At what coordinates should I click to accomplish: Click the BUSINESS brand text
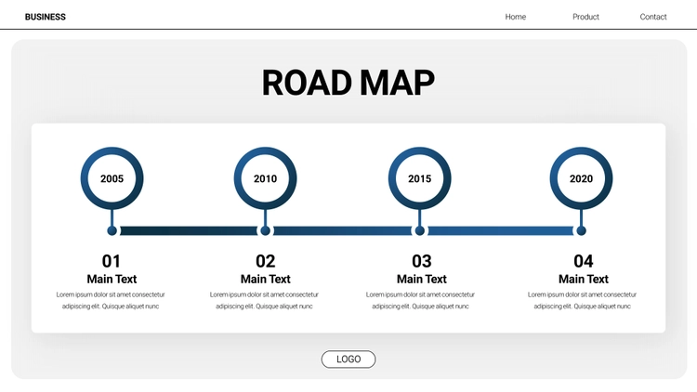click(x=46, y=17)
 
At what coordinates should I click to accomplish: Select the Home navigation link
click(x=516, y=17)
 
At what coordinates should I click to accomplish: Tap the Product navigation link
click(x=585, y=17)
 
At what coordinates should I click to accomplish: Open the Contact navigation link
click(x=653, y=17)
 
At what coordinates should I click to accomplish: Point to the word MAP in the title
click(x=397, y=83)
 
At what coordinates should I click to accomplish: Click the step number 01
click(x=112, y=261)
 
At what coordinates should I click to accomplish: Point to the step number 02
click(x=266, y=261)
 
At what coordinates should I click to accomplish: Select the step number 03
click(x=421, y=261)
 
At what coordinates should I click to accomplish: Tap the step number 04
click(x=584, y=261)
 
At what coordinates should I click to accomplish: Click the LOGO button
click(x=348, y=359)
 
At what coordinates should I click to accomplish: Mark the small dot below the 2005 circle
click(x=112, y=230)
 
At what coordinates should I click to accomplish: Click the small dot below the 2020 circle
click(x=581, y=230)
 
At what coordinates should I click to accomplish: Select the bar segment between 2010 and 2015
click(x=342, y=230)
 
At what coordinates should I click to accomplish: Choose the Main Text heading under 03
click(x=421, y=279)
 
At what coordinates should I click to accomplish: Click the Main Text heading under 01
click(x=112, y=279)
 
